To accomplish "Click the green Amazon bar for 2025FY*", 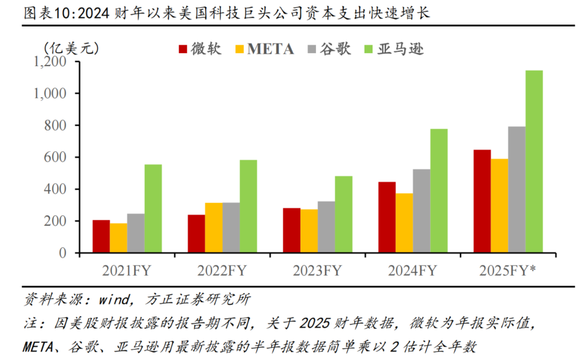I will (534, 162).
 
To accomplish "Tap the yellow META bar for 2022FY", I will (213, 228).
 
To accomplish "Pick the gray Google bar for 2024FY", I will (422, 211).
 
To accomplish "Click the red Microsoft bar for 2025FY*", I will (482, 201).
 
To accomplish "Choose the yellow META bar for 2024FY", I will (404, 223).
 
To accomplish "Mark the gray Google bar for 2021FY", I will (136, 234).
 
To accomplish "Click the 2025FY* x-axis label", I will (509, 270).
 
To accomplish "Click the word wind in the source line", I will (115, 300).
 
